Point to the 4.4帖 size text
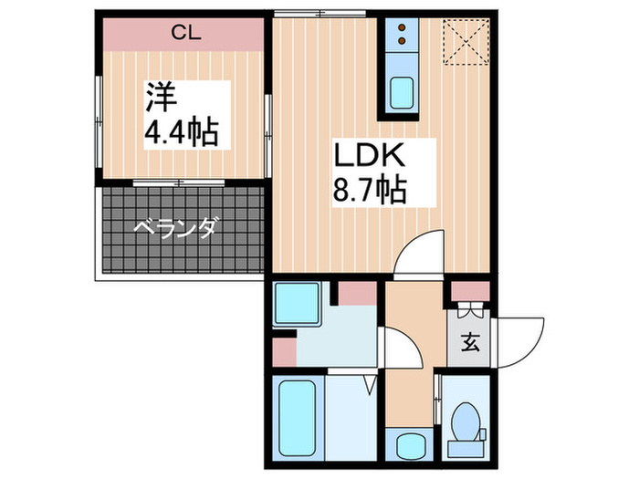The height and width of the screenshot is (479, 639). pyautogui.click(x=182, y=133)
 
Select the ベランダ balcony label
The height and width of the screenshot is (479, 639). pyautogui.click(x=176, y=228)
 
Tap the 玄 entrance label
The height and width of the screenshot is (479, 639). pyautogui.click(x=469, y=343)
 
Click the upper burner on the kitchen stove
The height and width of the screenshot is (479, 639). pyautogui.click(x=402, y=27)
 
